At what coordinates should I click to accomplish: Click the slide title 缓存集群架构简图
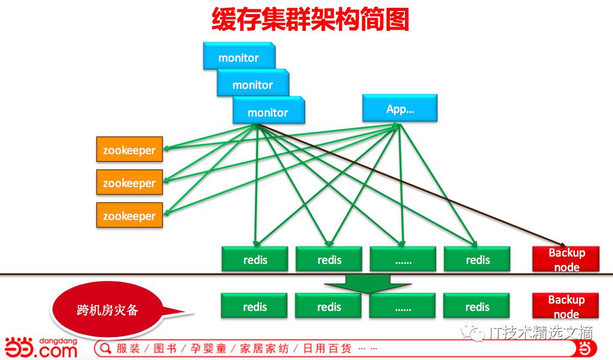[310, 19]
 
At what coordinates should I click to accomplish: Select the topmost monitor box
[238, 56]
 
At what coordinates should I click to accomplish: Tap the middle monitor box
[252, 83]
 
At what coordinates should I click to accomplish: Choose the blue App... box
[400, 108]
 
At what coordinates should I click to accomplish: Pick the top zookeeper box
[129, 149]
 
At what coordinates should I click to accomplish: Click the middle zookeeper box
[129, 182]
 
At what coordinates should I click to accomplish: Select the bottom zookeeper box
[129, 215]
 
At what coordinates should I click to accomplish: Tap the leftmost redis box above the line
[255, 259]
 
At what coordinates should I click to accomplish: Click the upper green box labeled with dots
[403, 259]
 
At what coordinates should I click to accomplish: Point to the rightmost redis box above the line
[477, 259]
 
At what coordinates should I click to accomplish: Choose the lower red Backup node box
[566, 306]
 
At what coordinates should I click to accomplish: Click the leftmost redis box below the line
[255, 306]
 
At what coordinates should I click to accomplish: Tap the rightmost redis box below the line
[477, 306]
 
